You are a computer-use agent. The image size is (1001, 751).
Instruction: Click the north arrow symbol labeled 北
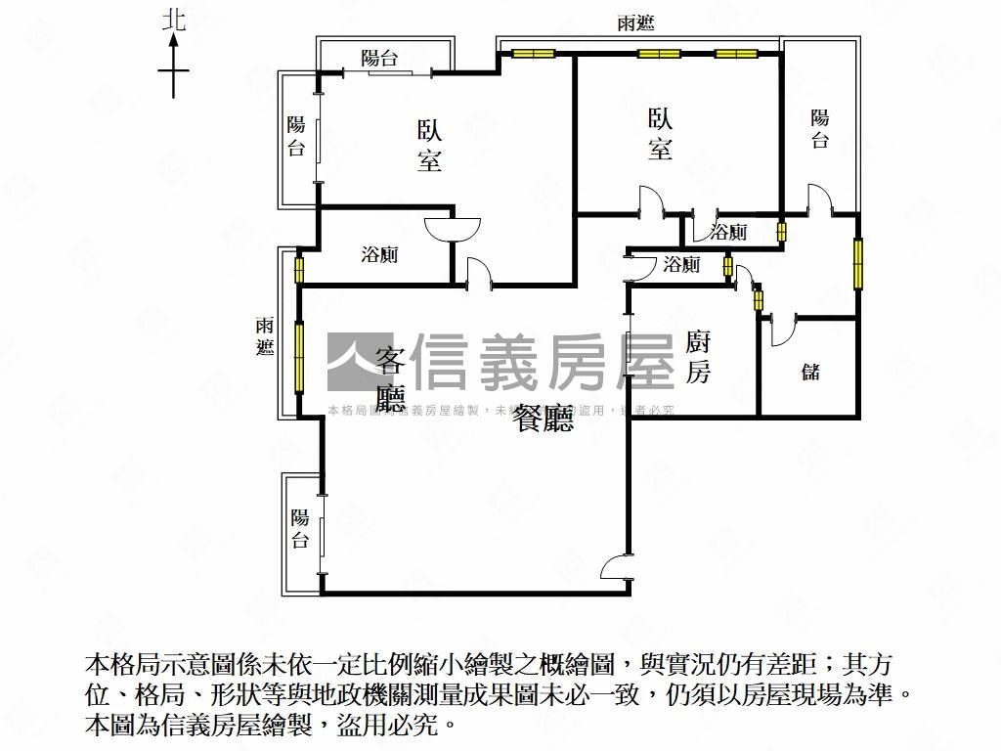point(174,59)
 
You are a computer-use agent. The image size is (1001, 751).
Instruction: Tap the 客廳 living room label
point(390,379)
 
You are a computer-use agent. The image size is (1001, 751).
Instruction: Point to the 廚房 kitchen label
point(697,357)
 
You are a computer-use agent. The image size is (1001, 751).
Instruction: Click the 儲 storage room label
point(810,372)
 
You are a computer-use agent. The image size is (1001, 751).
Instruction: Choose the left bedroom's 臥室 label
point(429,145)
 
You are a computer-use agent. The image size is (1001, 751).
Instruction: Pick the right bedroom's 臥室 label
point(661,133)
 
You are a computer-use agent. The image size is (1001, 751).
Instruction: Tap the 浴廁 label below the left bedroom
point(379,256)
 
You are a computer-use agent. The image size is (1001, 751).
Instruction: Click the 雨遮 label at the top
point(636,24)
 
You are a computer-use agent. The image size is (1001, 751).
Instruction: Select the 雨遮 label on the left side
point(266,336)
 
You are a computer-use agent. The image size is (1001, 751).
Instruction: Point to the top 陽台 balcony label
point(379,59)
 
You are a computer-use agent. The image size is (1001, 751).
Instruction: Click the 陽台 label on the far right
point(820,129)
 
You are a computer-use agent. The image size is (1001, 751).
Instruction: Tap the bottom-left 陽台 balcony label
point(299,529)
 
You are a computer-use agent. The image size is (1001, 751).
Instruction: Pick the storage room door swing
point(783,331)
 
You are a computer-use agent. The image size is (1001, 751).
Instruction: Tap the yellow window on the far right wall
point(858,263)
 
